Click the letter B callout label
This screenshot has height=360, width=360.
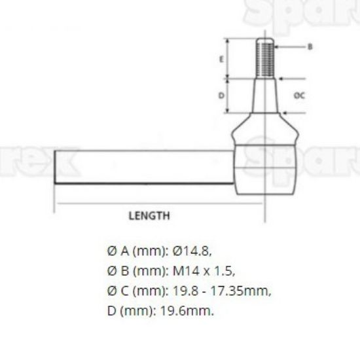coord(310,47)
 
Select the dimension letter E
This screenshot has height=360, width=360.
coord(221,60)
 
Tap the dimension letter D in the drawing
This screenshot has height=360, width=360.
coord(221,96)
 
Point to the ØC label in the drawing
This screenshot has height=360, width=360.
coord(300,96)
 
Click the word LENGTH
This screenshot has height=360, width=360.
coord(149,216)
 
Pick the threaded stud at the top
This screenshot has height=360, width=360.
coord(265,58)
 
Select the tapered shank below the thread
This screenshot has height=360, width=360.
coord(265,96)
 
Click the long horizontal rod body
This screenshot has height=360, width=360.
coord(144,167)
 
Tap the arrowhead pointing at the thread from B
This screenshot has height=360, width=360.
coord(277,47)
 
